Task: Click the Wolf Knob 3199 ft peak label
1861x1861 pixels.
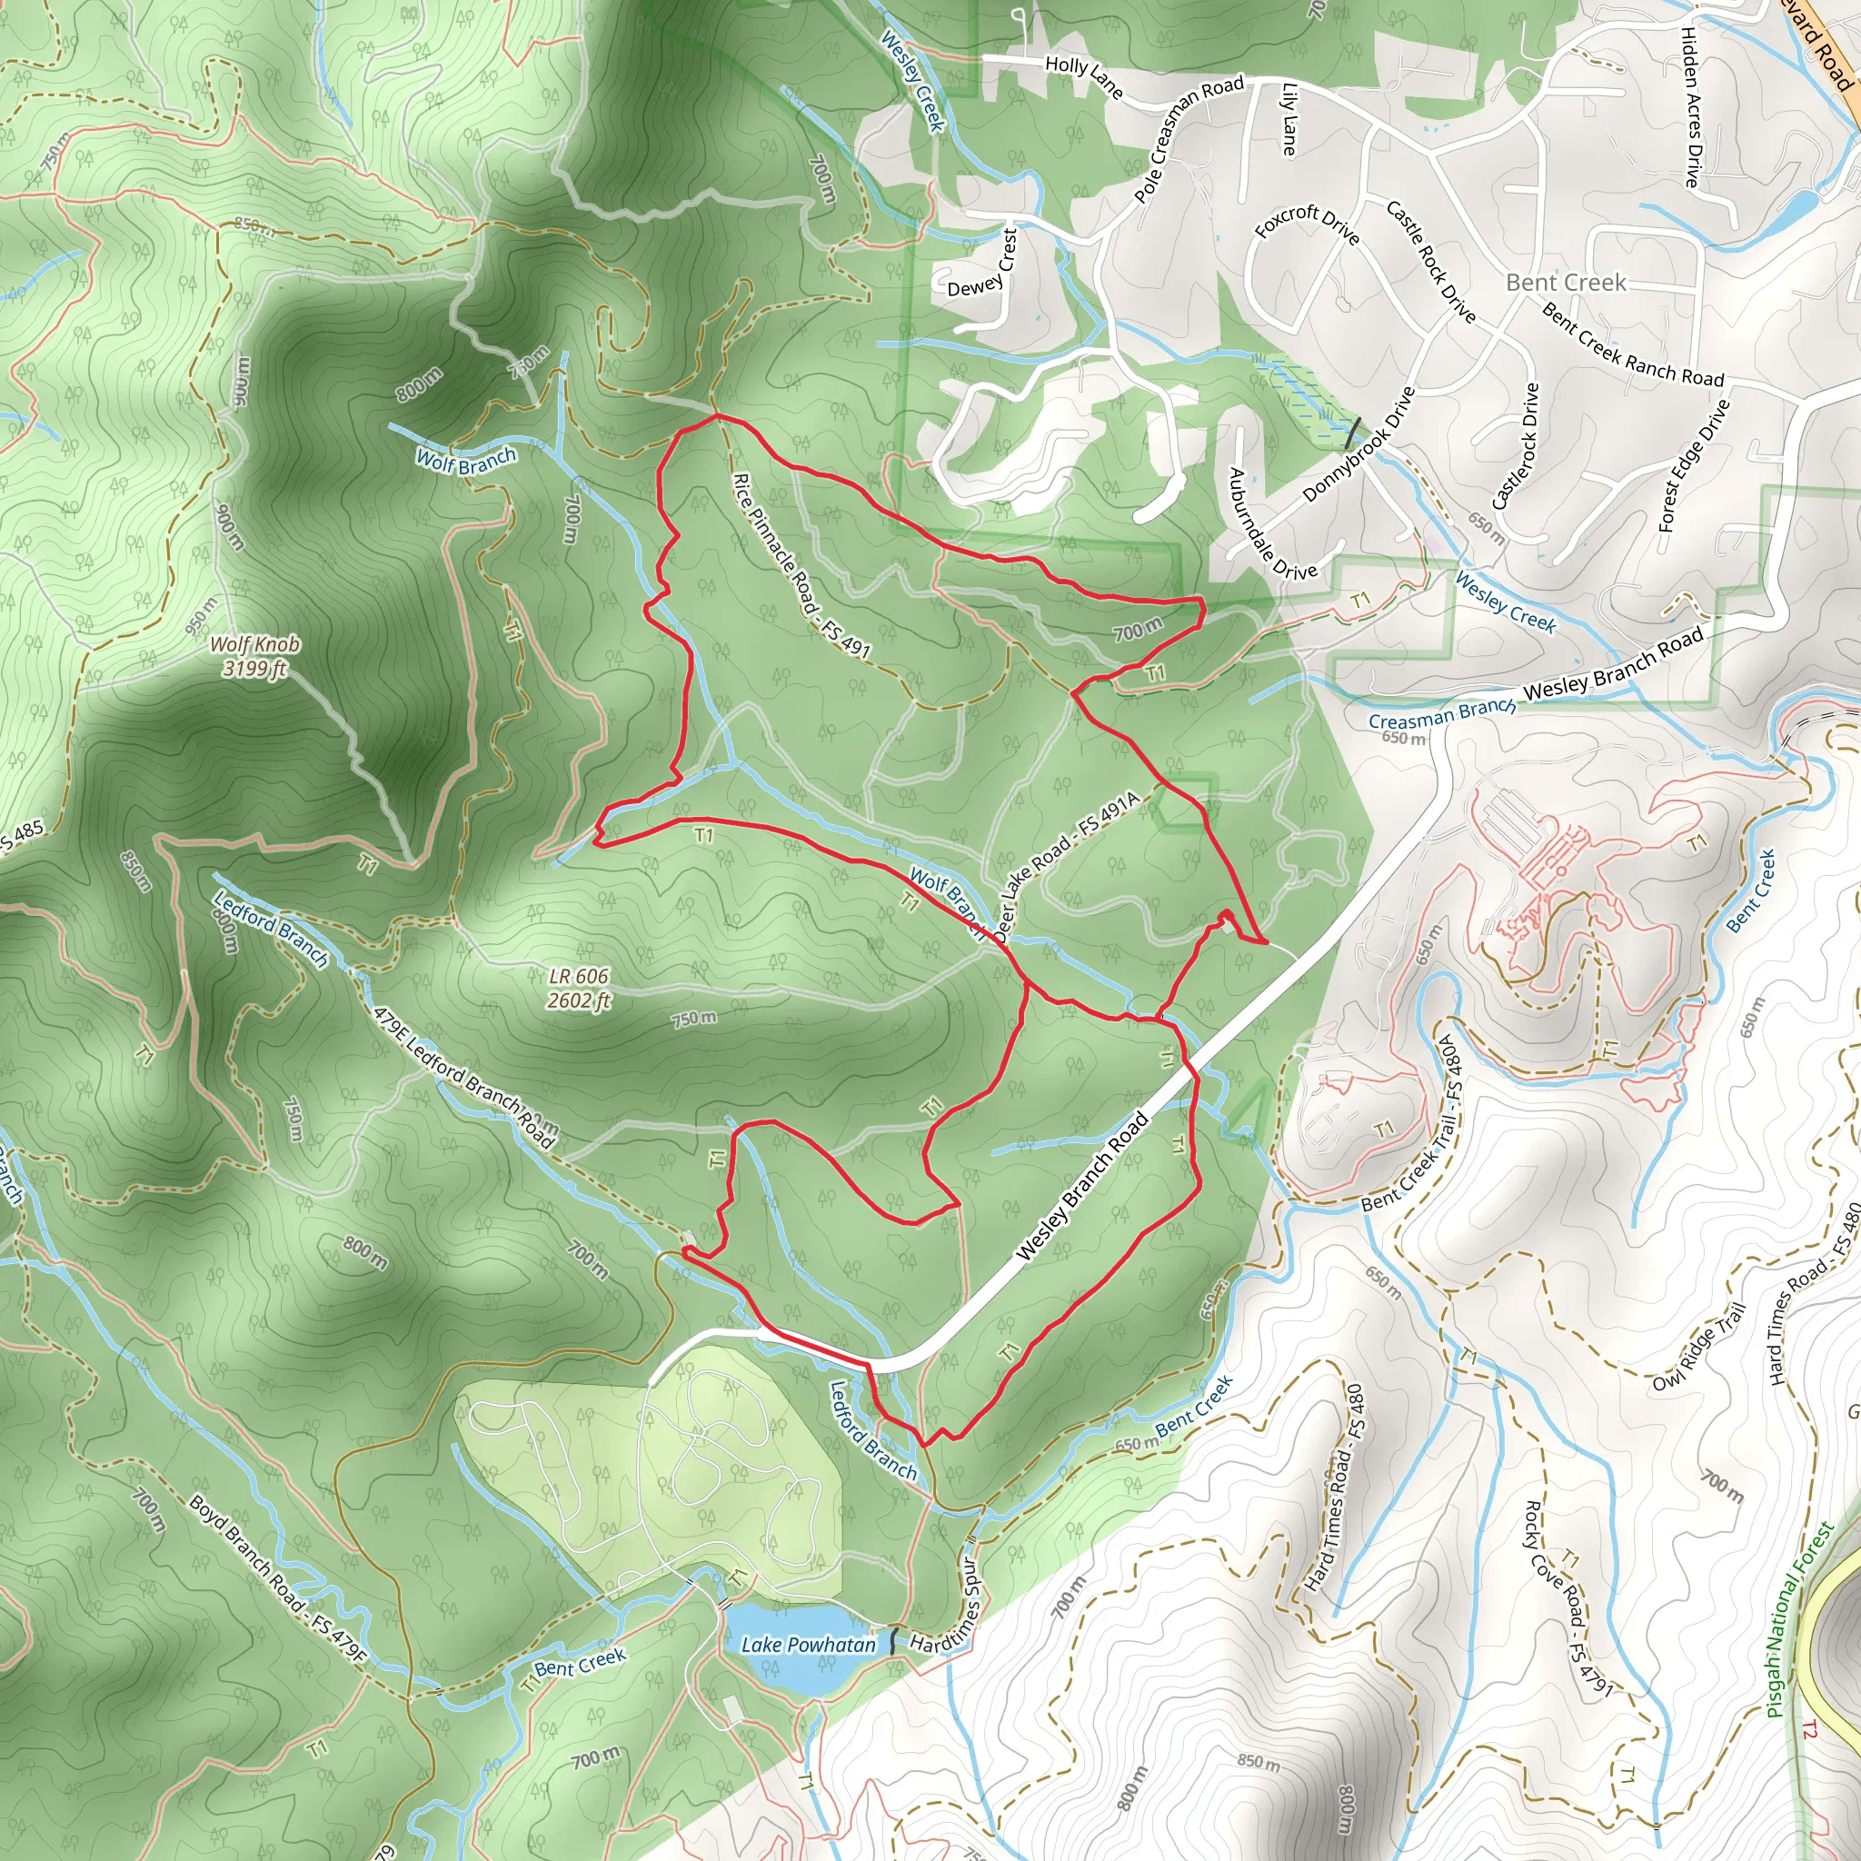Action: tap(254, 656)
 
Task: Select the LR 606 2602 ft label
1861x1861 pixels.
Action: tap(579, 989)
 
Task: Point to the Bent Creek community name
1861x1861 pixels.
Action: tap(1566, 283)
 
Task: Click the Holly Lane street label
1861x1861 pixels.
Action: tap(1084, 76)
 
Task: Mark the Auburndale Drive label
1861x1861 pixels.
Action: tap(1271, 524)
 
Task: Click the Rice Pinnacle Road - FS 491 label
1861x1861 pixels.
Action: tap(801, 566)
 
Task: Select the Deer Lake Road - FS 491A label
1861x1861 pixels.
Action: tap(1066, 866)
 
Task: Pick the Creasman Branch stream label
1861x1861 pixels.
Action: tap(1442, 713)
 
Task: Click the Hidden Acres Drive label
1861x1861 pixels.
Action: tap(1689, 106)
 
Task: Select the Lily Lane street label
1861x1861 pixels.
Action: tap(1289, 119)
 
